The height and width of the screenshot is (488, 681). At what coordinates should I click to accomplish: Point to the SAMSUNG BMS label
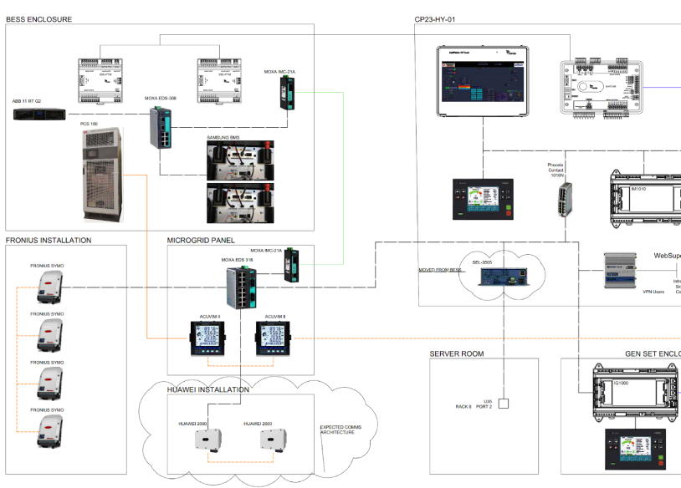pyautogui.click(x=223, y=137)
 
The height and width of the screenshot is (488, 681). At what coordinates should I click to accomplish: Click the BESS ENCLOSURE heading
pyautogui.click(x=38, y=18)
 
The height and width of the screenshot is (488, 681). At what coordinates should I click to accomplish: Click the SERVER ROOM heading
pyautogui.click(x=456, y=353)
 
